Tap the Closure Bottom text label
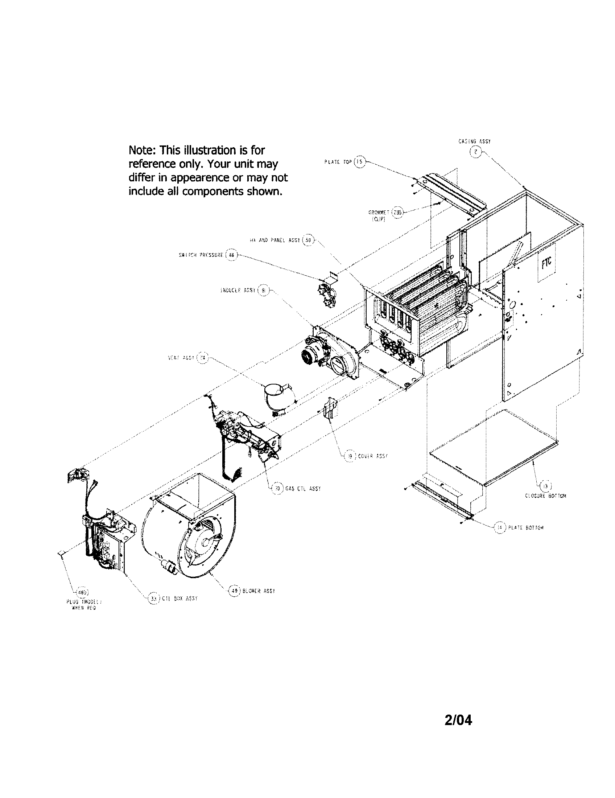click(545, 496)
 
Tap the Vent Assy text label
click(182, 358)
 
